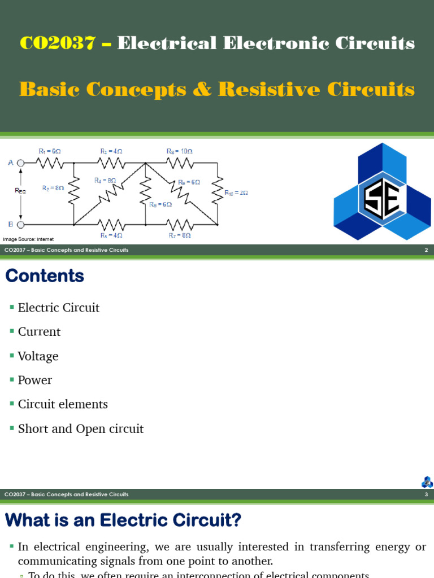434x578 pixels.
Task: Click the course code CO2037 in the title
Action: [x=57, y=43]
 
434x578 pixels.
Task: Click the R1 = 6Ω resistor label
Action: [x=49, y=151]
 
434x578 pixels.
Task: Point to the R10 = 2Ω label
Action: [x=236, y=193]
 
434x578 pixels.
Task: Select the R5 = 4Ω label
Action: [x=111, y=235]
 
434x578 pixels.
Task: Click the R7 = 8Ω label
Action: [x=179, y=235]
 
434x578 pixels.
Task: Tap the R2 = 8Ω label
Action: [x=53, y=188]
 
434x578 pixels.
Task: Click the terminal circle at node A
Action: [x=21, y=163]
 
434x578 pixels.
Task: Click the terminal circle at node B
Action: [x=21, y=224]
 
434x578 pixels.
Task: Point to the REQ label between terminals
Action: [x=20, y=191]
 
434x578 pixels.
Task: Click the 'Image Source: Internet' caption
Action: [x=28, y=239]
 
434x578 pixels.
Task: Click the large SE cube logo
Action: [x=382, y=192]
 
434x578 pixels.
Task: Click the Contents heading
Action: [x=45, y=276]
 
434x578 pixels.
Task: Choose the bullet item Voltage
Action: [x=38, y=356]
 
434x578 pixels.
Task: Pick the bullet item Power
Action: [x=34, y=380]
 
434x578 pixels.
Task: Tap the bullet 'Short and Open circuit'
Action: [x=81, y=429]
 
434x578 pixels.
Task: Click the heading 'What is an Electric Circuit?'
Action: [x=123, y=520]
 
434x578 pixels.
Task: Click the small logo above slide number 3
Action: [x=427, y=482]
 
